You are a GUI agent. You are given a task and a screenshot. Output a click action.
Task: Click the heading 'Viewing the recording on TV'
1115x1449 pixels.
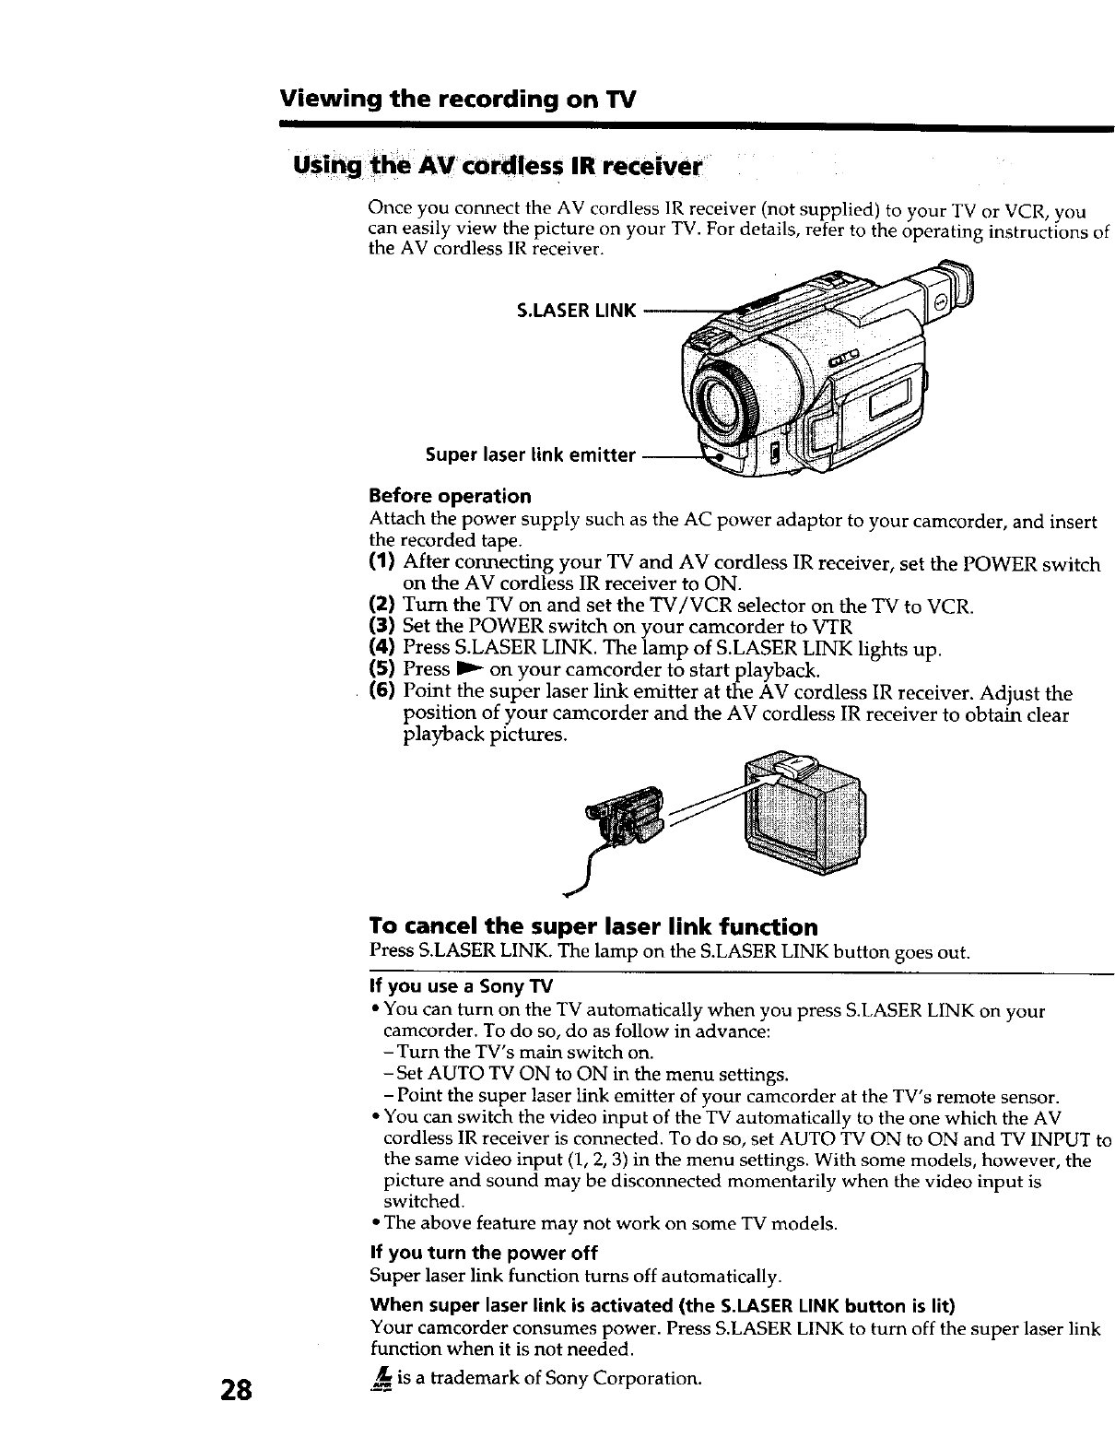point(458,99)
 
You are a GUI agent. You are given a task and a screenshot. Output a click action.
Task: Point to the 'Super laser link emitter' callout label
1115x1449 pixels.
point(530,454)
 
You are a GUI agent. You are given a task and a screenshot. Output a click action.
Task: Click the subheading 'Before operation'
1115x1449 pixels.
point(450,496)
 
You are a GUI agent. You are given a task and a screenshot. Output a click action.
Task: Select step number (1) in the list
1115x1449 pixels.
point(382,562)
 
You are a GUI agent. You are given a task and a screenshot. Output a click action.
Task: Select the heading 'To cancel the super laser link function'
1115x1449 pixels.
point(593,926)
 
